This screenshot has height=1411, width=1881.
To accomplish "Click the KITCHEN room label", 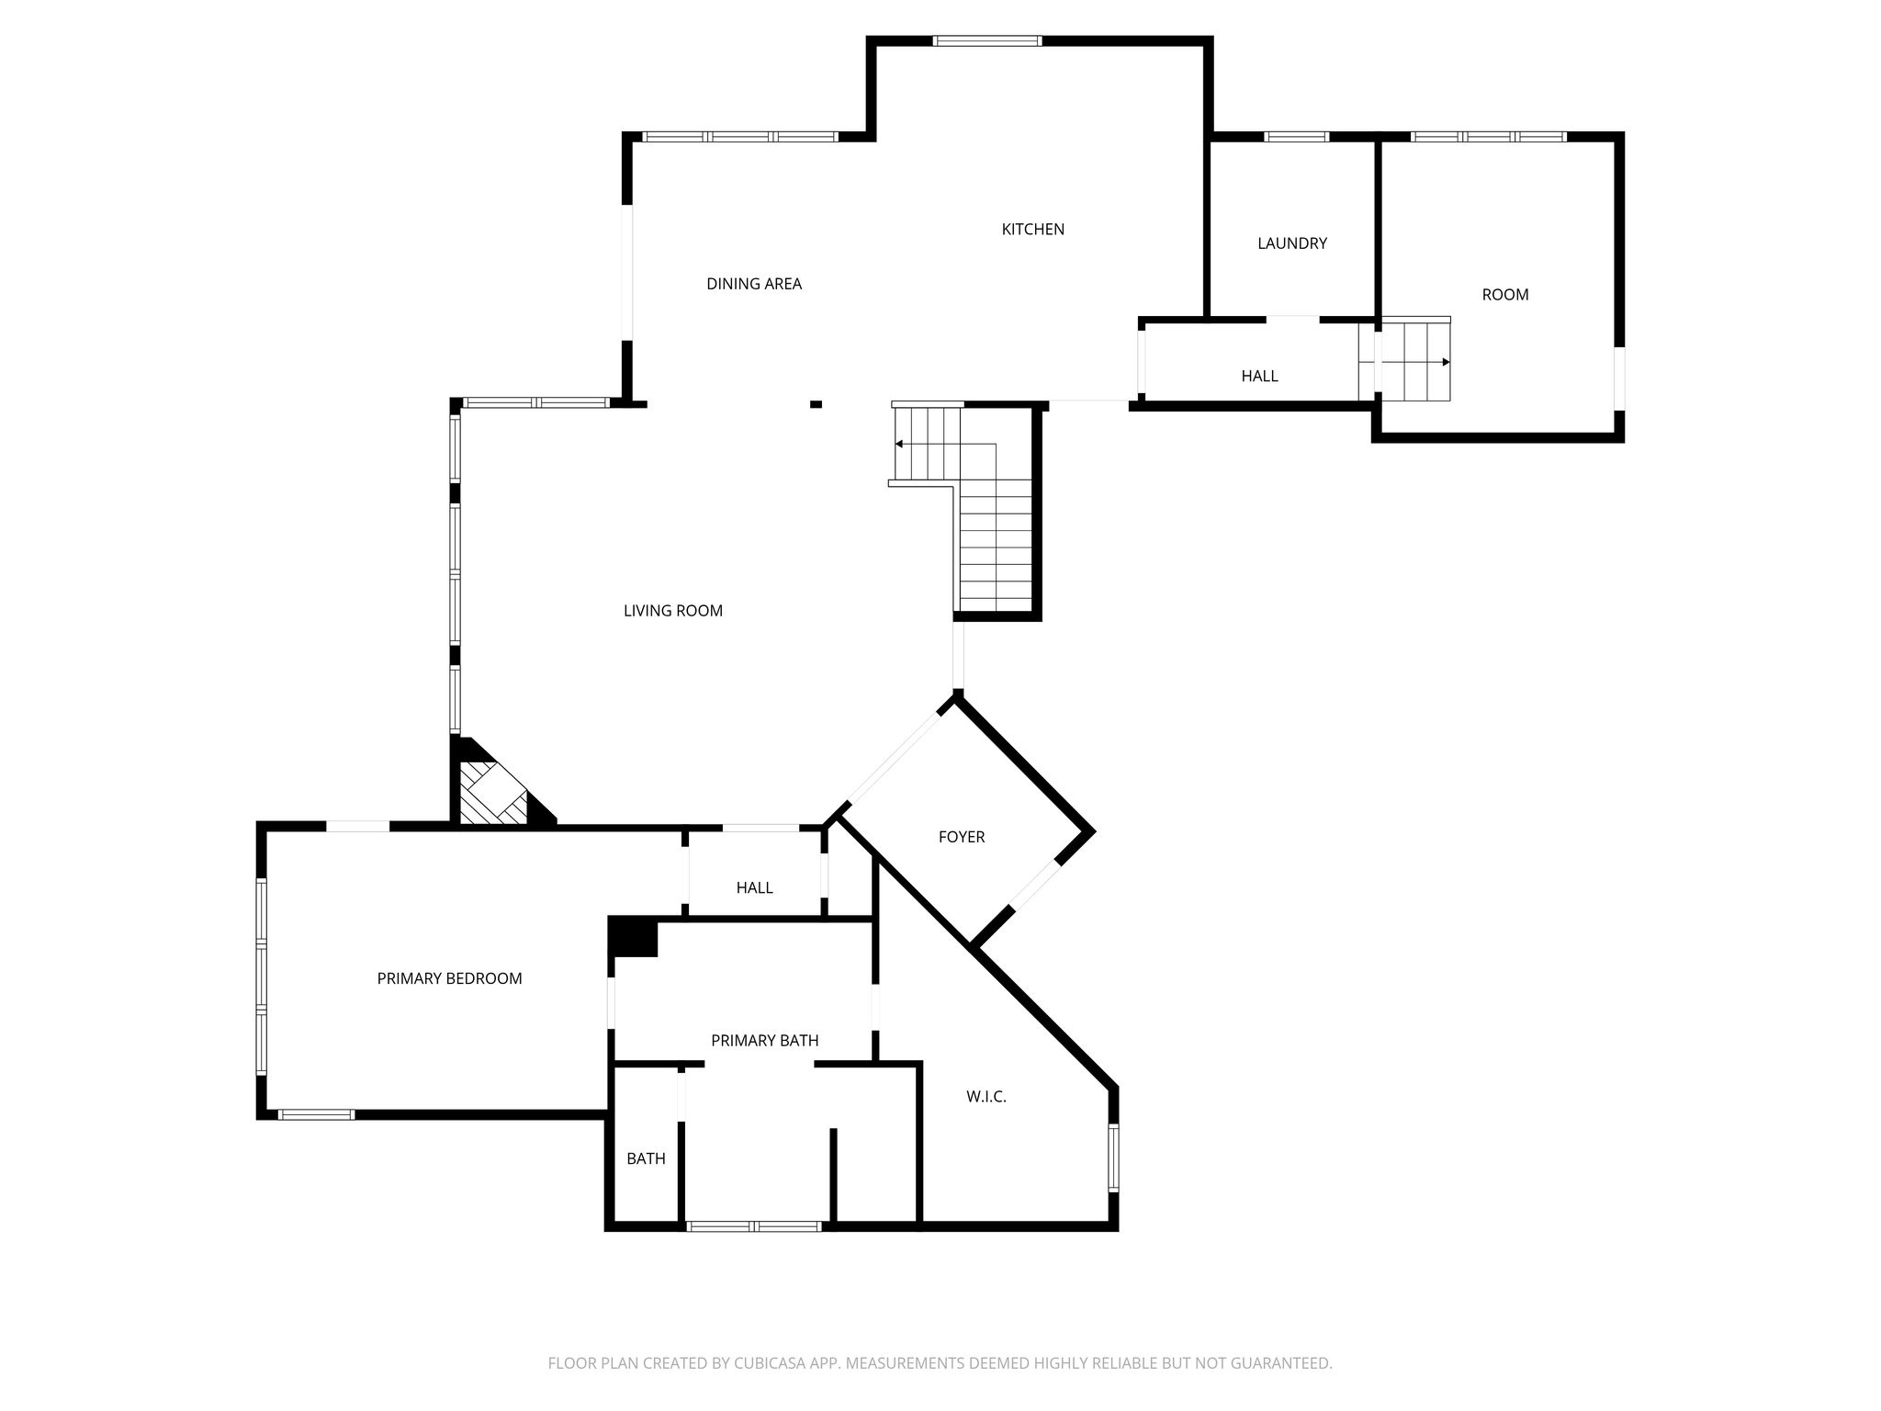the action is (x=1032, y=230).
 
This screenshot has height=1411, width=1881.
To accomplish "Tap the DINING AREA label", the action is (x=754, y=284).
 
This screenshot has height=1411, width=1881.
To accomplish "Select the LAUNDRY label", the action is (x=1292, y=243).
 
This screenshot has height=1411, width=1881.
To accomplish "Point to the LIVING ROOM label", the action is (x=673, y=611).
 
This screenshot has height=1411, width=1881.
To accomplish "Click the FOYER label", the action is (x=962, y=837).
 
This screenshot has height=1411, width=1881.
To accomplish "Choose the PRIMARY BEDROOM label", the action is (x=449, y=979).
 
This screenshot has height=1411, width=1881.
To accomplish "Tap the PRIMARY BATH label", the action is (x=765, y=1041).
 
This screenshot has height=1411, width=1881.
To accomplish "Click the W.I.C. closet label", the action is (x=986, y=1097).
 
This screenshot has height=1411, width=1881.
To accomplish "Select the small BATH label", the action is (x=646, y=1159).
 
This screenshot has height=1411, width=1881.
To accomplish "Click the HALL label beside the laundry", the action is (x=1259, y=376).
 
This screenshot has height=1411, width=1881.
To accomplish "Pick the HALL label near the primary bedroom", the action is (x=754, y=888).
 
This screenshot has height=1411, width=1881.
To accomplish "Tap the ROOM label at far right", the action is (x=1505, y=295).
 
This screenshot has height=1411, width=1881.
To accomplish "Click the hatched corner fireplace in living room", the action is (x=492, y=794).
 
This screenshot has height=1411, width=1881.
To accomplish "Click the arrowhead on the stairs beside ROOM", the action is (x=1446, y=362).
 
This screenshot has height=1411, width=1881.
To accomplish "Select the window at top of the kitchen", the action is (x=987, y=40).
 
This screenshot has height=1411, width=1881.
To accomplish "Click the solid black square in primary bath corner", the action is (x=633, y=938).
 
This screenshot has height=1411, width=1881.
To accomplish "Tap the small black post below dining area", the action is (x=816, y=403).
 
